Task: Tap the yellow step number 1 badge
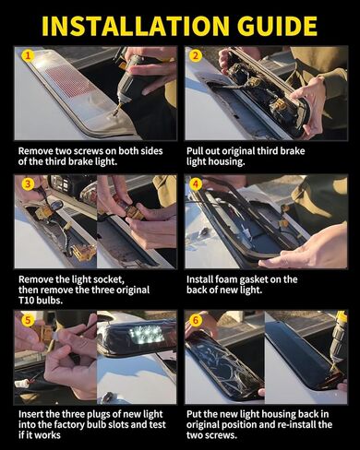(28, 56)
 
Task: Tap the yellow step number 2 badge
(196, 56)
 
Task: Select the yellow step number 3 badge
(28, 184)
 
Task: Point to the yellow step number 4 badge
(196, 184)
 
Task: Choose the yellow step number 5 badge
(28, 321)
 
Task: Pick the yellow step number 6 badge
(196, 321)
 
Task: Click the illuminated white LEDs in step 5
(146, 334)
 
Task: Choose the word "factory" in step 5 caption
(69, 425)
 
